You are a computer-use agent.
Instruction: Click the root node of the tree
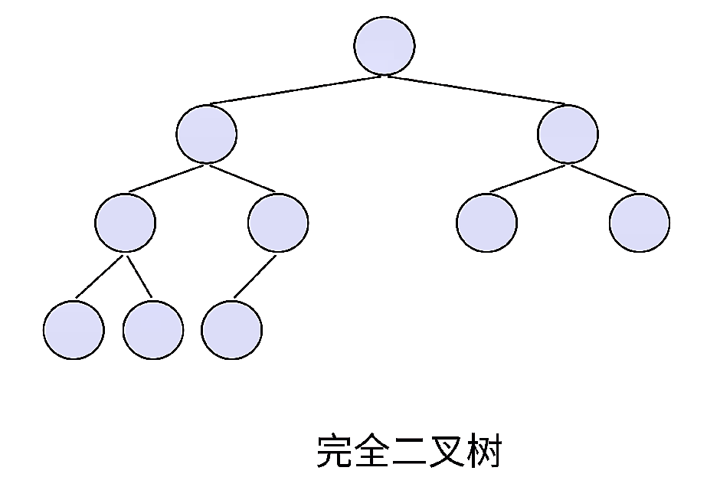click(385, 45)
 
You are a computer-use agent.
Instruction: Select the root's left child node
click(206, 134)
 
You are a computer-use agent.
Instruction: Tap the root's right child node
click(568, 134)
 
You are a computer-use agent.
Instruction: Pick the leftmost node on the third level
click(126, 223)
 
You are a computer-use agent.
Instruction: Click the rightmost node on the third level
click(640, 223)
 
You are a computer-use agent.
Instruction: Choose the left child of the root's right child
click(486, 223)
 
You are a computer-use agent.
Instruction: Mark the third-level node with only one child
click(278, 223)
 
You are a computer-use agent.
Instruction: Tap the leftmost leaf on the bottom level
click(74, 330)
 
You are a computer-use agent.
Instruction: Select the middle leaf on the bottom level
click(153, 330)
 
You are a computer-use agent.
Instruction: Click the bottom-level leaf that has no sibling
click(231, 330)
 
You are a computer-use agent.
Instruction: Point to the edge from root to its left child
click(295, 90)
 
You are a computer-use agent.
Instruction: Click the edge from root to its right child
click(475, 90)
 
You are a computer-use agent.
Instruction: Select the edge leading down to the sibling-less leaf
click(254, 276)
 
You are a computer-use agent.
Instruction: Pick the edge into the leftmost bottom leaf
click(99, 277)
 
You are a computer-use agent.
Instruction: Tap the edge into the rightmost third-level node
click(604, 178)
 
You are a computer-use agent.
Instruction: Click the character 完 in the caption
click(335, 452)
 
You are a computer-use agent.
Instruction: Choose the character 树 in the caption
click(485, 452)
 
